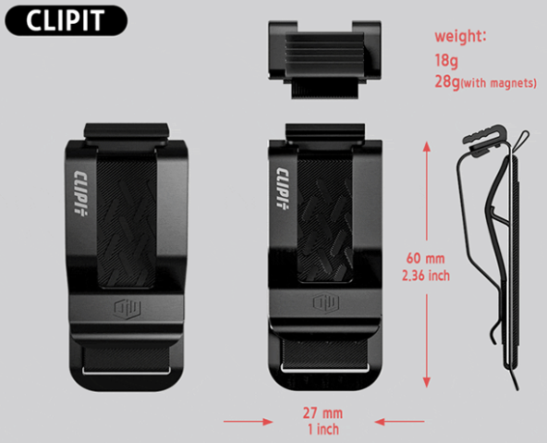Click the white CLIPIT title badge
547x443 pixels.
point(66,20)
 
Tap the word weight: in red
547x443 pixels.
point(460,36)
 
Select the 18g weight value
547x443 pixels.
point(446,60)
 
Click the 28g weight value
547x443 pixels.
point(447,82)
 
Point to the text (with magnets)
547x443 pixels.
point(499,83)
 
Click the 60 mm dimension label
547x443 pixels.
point(425,259)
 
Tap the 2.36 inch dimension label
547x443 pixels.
point(426,276)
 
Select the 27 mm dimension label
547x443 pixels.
point(322,413)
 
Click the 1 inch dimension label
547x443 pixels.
point(323,429)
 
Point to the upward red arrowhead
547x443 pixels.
point(426,146)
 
